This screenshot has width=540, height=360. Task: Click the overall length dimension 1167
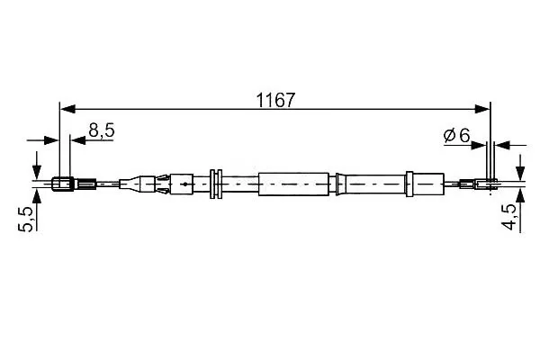click(x=276, y=100)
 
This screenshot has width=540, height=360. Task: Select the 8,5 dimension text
click(x=102, y=130)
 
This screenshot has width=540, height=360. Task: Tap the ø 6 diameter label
click(x=457, y=135)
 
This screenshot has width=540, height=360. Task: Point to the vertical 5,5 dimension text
click(x=26, y=219)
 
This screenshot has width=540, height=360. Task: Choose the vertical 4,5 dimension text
click(x=508, y=217)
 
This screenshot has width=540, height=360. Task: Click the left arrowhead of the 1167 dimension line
click(x=67, y=109)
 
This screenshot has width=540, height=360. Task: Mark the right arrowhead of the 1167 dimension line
click(x=482, y=109)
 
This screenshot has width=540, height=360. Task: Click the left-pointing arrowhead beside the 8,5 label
click(x=77, y=140)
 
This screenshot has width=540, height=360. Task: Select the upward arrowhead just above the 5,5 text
click(x=37, y=197)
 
